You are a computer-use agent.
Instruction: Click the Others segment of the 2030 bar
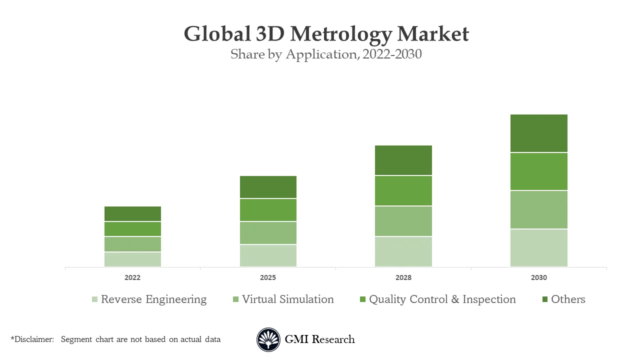point(538,133)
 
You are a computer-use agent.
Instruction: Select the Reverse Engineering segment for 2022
point(132,259)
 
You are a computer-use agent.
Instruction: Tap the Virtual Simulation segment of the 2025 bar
point(268,233)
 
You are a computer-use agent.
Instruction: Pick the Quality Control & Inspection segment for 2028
point(403,190)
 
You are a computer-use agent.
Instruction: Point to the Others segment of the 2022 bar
point(132,213)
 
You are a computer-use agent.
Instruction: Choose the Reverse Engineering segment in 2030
point(538,248)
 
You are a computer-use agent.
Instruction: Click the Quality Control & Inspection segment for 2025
point(268,210)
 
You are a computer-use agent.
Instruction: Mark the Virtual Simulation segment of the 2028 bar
point(403,221)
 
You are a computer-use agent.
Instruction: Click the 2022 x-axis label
point(132,277)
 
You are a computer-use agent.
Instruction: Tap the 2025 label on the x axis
point(268,277)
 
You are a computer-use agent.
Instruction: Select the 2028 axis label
point(403,277)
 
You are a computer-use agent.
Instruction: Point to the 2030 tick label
point(538,277)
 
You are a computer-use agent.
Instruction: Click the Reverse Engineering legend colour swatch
point(94,300)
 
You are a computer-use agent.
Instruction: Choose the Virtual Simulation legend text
point(287,299)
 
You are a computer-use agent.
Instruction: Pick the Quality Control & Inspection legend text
point(442,299)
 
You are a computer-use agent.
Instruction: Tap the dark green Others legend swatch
point(545,300)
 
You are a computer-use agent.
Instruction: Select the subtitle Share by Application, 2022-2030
point(326,54)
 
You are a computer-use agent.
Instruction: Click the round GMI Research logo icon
point(268,339)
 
